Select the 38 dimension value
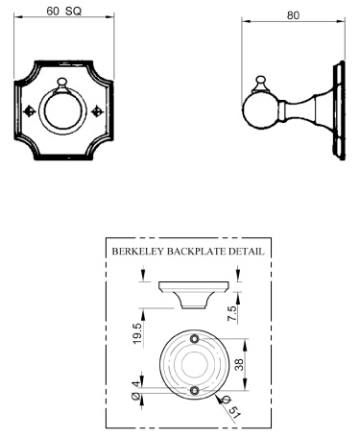(x=252, y=364)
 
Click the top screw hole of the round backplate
(x=196, y=340)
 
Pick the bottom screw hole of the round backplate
(x=196, y=390)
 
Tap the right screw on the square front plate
(x=97, y=110)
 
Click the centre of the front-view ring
(x=65, y=110)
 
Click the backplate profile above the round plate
(x=193, y=292)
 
